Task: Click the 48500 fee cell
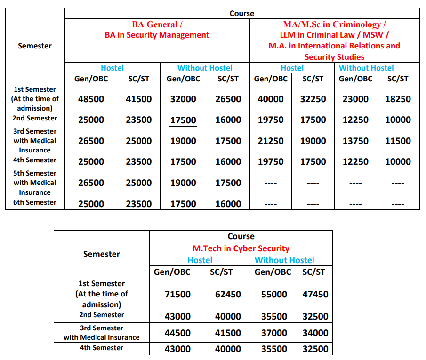coord(91,99)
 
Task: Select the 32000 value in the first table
coord(183,99)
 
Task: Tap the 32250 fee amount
coord(313,99)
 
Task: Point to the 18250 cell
coord(398,99)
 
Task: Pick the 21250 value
coord(271,141)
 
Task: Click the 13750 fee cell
coord(355,141)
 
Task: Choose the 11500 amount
coord(398,141)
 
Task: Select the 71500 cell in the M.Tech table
coord(177,295)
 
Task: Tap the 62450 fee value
coord(228,295)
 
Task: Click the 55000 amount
coord(274,295)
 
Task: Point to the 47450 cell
coord(315,295)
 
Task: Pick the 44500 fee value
coord(177,333)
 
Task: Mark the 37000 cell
coord(274,333)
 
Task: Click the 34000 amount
coord(315,333)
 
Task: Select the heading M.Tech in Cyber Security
coord(241,248)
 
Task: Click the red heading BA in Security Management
coord(157,35)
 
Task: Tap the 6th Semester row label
coord(35,203)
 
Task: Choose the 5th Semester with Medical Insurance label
coord(35,183)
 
